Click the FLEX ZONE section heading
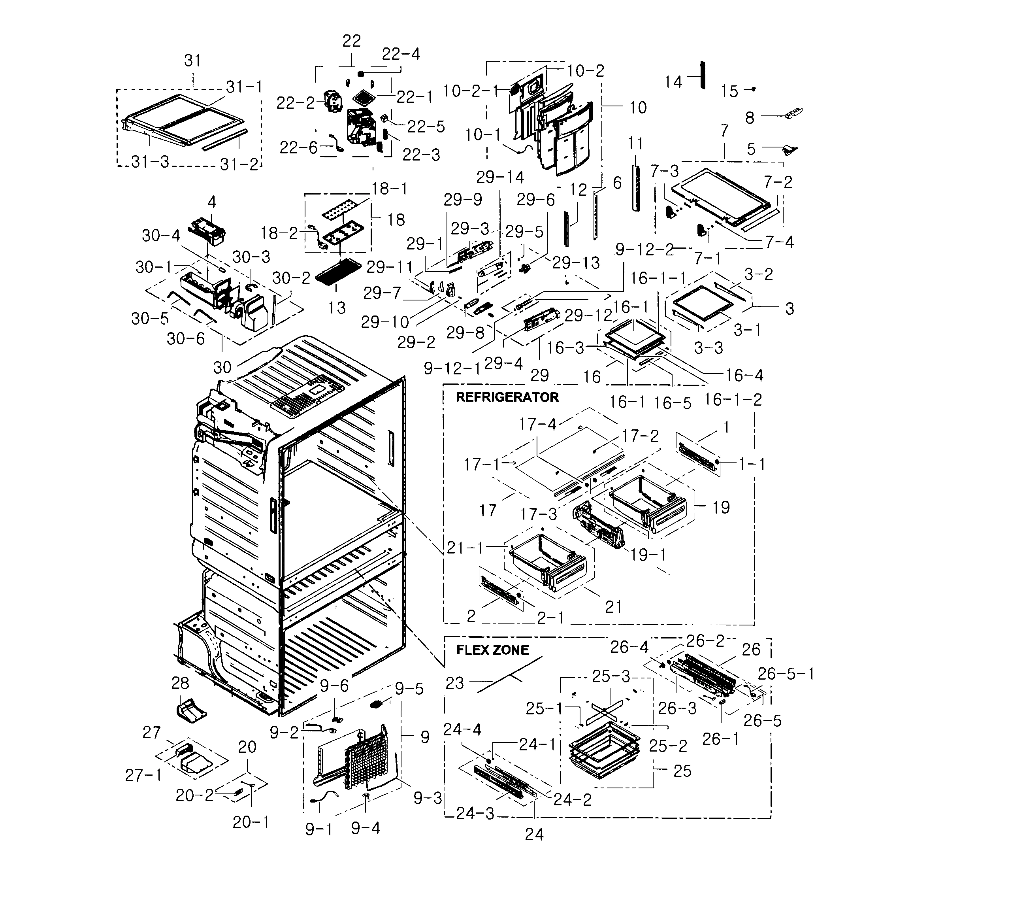(492, 650)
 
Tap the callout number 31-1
(244, 87)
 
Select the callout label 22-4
(401, 54)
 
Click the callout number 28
(180, 683)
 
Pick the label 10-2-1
(471, 91)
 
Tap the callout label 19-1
(648, 555)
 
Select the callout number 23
(455, 684)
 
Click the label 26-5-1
(786, 674)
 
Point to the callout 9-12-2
(645, 250)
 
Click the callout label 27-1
(143, 775)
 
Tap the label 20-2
(194, 795)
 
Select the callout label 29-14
(500, 177)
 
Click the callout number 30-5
(150, 318)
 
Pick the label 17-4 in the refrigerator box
(537, 424)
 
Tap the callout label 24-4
(462, 730)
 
